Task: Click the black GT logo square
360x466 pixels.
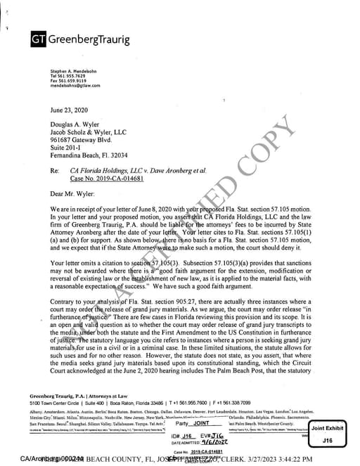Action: coord(38,39)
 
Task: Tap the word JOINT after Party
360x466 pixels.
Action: coord(201,424)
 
